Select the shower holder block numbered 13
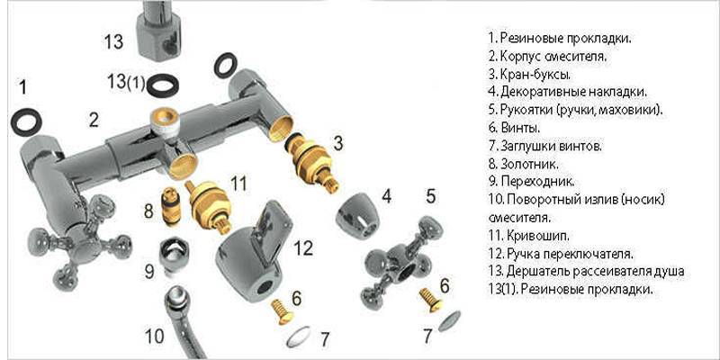coord(159,31)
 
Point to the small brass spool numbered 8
coord(170,207)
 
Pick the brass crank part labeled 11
coord(210,205)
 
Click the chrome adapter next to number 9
coord(173,256)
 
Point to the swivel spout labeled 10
coord(183,321)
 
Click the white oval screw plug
coord(299,337)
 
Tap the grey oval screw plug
coord(449,321)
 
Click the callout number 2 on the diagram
coord(94,121)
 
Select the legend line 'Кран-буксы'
coord(530,74)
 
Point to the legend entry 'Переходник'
coord(537,181)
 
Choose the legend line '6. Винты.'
coord(514,127)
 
